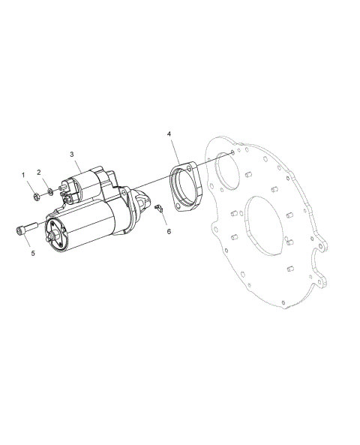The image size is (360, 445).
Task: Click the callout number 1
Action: click(x=23, y=175)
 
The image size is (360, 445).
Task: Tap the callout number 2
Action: click(x=39, y=173)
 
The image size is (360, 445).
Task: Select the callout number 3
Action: click(x=72, y=155)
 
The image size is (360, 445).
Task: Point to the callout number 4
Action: click(x=169, y=134)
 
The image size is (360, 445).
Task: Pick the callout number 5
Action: click(x=33, y=254)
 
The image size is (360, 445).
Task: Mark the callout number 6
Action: click(x=169, y=232)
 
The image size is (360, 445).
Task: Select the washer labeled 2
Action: click(x=49, y=192)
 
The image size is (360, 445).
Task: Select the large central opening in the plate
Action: click(x=261, y=226)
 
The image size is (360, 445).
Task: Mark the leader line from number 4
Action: click(x=175, y=149)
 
